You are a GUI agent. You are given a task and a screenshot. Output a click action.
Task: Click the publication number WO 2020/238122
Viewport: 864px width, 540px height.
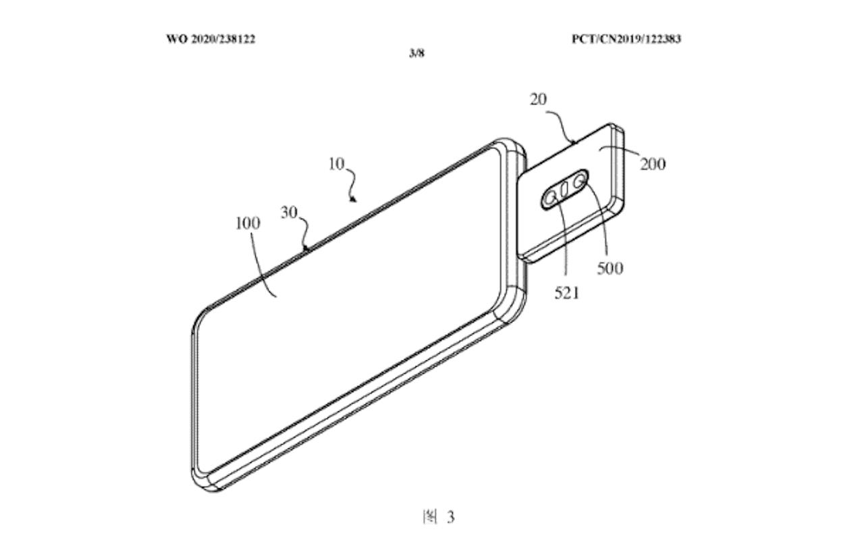pyautogui.click(x=211, y=39)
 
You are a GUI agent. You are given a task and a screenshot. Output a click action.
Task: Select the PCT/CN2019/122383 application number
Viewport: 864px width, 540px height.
pyautogui.click(x=626, y=39)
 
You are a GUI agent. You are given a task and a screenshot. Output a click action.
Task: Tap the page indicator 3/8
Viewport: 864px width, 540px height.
pyautogui.click(x=416, y=53)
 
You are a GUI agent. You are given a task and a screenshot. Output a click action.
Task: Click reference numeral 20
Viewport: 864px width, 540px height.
pyautogui.click(x=539, y=99)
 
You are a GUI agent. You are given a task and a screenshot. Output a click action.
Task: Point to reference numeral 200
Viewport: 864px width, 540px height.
pyautogui.click(x=653, y=164)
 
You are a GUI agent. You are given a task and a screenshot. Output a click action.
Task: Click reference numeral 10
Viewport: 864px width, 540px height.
pyautogui.click(x=336, y=164)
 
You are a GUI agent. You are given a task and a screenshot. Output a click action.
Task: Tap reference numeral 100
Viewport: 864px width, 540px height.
pyautogui.click(x=248, y=223)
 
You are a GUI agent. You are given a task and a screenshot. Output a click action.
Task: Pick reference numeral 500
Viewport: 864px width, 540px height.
pyautogui.click(x=610, y=269)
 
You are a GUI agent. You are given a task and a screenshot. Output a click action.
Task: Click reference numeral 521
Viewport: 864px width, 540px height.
pyautogui.click(x=567, y=293)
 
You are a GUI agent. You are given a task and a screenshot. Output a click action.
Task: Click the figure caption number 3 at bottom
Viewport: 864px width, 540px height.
pyautogui.click(x=451, y=517)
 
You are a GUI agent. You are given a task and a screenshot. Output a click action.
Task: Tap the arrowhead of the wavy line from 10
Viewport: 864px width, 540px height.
pyautogui.click(x=353, y=199)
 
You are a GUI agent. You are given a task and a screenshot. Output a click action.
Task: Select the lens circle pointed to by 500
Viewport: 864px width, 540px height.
pyautogui.click(x=578, y=181)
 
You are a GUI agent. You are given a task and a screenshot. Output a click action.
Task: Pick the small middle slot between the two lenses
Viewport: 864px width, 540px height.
pyautogui.click(x=564, y=190)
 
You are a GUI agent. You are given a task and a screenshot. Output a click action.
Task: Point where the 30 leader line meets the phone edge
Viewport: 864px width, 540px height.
pyautogui.click(x=307, y=250)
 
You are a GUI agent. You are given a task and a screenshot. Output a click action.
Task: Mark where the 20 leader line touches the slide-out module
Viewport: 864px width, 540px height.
pyautogui.click(x=574, y=143)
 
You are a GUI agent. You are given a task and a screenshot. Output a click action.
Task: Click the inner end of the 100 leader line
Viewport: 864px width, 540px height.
pyautogui.click(x=276, y=296)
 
